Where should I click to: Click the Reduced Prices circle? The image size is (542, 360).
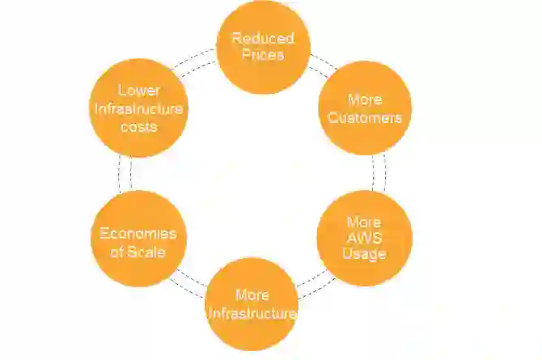pos(263,47)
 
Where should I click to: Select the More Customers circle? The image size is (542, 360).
pos(365,108)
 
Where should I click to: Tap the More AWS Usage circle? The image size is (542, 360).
pos(365,238)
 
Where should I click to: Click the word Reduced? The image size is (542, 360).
pos(263,39)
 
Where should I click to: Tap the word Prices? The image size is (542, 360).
pos(263,55)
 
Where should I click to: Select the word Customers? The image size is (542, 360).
pos(365,117)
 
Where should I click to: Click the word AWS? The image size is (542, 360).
pos(365,238)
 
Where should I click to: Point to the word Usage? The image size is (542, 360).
pos(365,253)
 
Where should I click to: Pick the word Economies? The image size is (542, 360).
pos(138,233)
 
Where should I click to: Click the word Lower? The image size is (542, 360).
pos(138,91)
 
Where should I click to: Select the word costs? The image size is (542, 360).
pos(138,127)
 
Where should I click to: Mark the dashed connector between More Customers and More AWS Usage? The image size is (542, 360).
pos(379,172)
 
